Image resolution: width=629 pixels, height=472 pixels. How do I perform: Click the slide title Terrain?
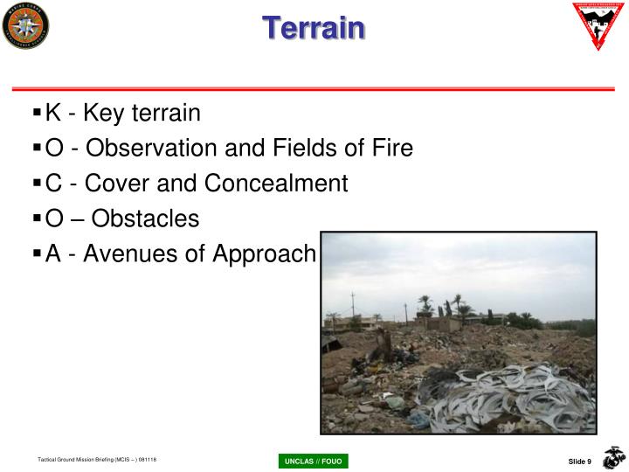[314, 27]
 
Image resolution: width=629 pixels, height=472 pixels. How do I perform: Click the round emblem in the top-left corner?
[26, 26]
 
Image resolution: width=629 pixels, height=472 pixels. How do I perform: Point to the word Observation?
[151, 149]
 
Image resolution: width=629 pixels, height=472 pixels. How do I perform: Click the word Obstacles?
[146, 219]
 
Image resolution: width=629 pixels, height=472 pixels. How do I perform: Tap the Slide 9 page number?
[580, 462]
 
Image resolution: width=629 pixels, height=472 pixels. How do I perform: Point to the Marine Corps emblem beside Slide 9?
[614, 457]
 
